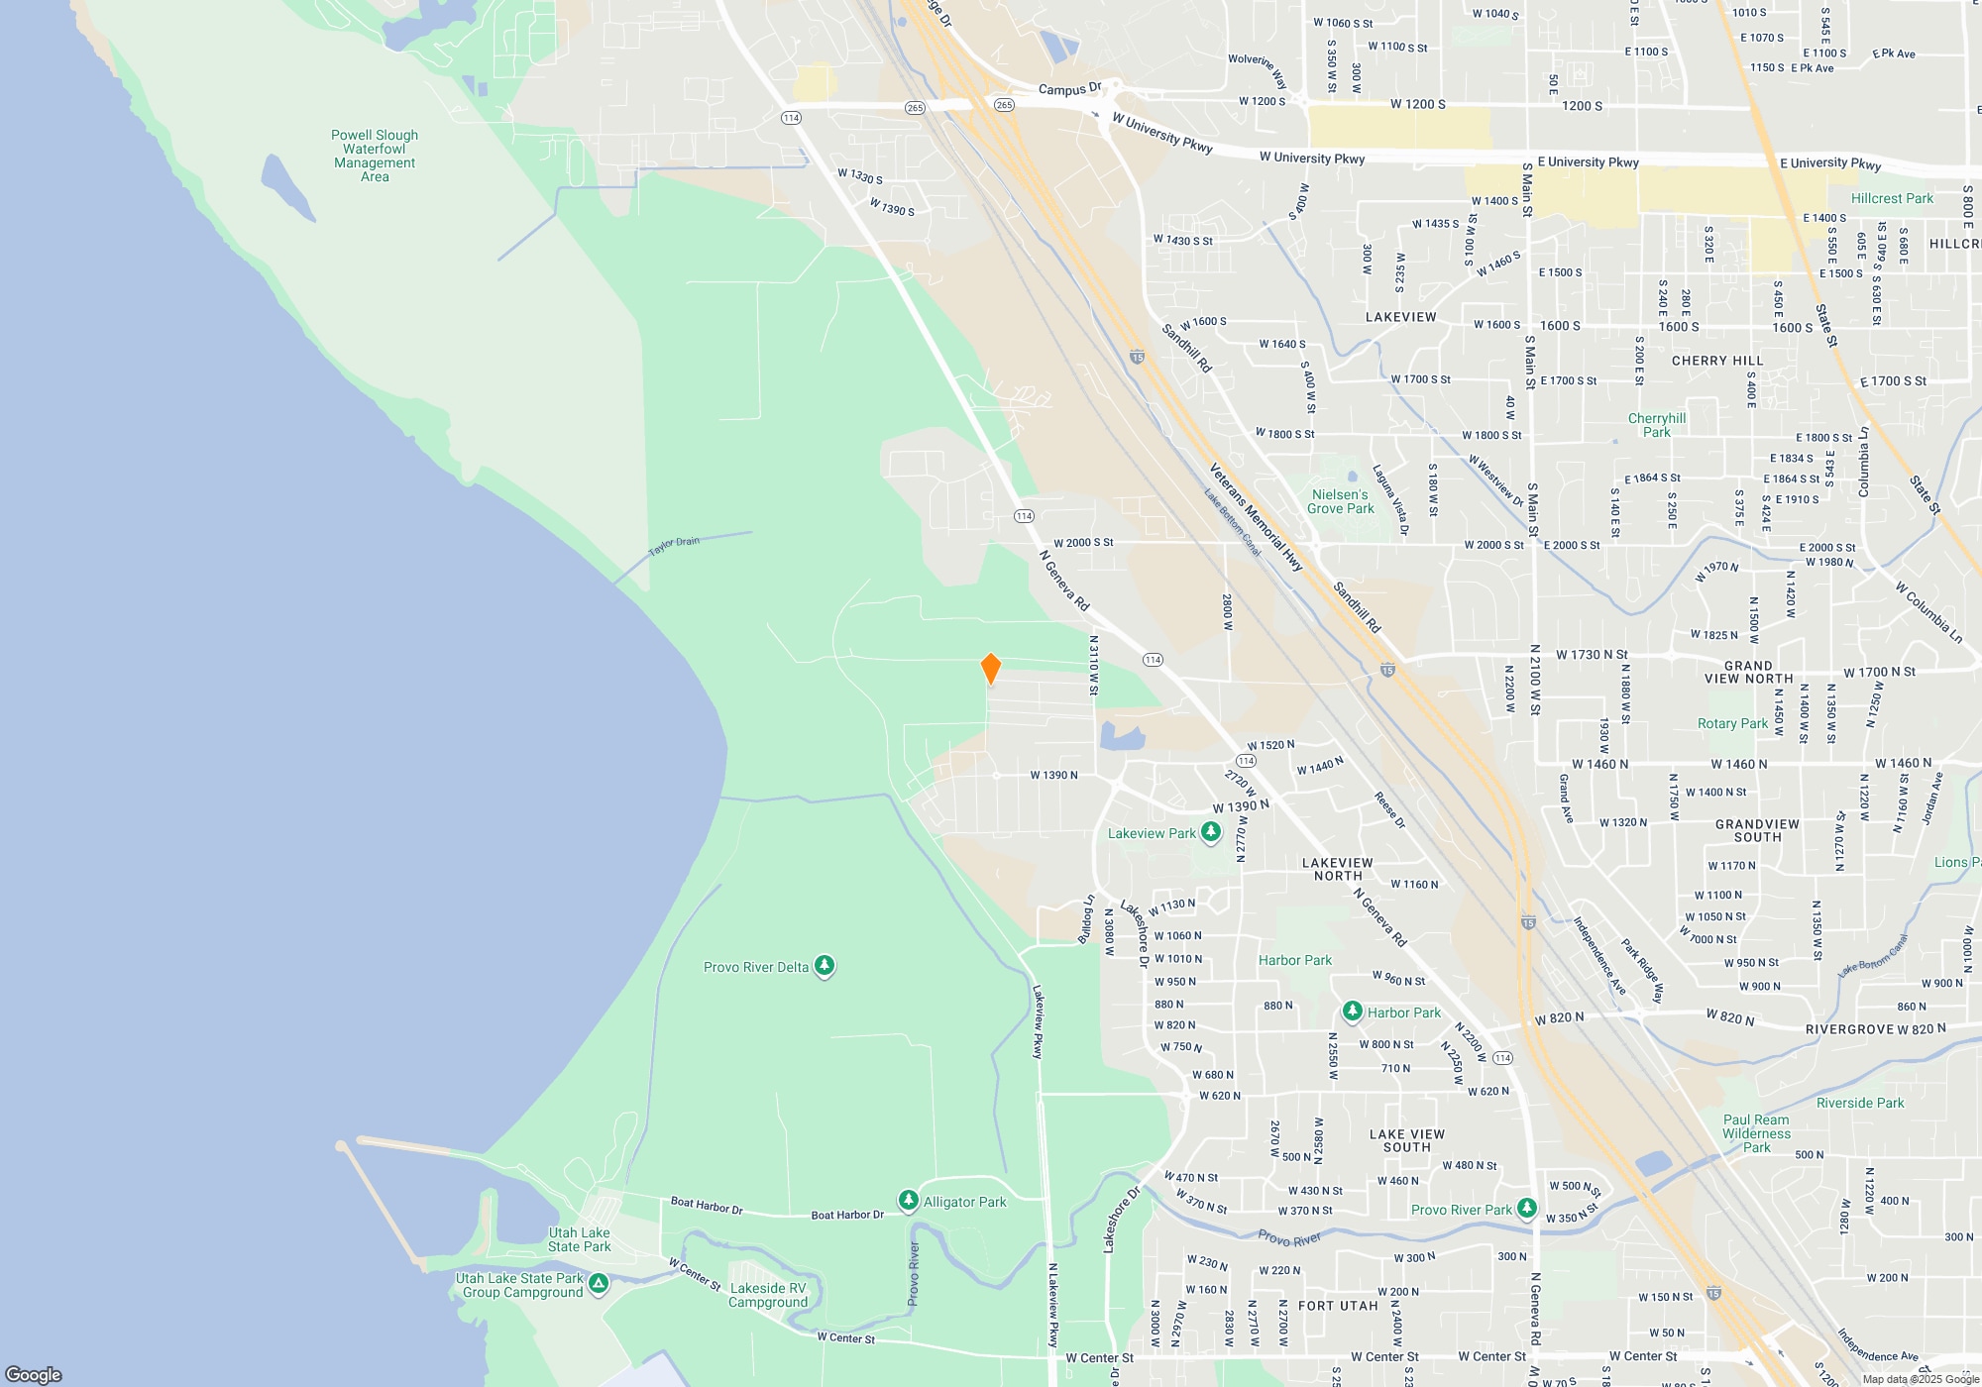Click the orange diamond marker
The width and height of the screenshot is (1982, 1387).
pos(990,668)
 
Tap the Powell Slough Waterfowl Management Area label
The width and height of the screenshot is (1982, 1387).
pos(375,156)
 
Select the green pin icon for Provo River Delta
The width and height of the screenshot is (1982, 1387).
pos(824,966)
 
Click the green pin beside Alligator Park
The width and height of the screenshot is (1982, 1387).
pos(908,1201)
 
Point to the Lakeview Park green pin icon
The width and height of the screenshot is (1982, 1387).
pos(1210,832)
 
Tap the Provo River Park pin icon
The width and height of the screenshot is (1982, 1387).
pos(1526,1209)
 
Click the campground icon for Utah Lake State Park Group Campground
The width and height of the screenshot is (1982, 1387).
pos(598,1284)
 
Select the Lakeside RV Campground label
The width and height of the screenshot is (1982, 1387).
pos(768,1295)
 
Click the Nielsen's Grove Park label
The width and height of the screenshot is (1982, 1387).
pos(1340,501)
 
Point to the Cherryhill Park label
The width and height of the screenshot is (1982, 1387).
pos(1656,425)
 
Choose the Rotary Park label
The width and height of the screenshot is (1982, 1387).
pos(1732,723)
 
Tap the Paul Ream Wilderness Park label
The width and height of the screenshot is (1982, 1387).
pos(1756,1133)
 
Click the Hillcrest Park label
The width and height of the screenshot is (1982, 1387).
pos(1892,198)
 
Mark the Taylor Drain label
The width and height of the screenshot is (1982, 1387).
pos(674,546)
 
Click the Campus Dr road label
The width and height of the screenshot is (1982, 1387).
pos(1069,89)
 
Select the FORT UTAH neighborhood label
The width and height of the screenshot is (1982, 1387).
pos(1338,1306)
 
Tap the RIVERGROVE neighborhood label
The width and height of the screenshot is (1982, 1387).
pos(1849,1029)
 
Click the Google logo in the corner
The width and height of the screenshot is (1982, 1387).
pos(34,1374)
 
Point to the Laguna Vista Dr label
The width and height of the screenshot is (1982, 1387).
pos(1389,500)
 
